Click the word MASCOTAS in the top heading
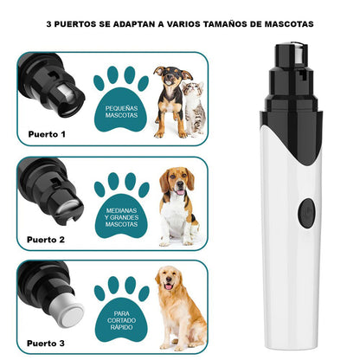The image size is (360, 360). coord(281,25)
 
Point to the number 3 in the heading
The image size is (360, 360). coord(49,25)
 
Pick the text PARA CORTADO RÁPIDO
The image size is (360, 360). coord(119,320)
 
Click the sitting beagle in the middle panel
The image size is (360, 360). coord(177,206)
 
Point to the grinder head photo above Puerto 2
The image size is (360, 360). coord(54,195)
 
